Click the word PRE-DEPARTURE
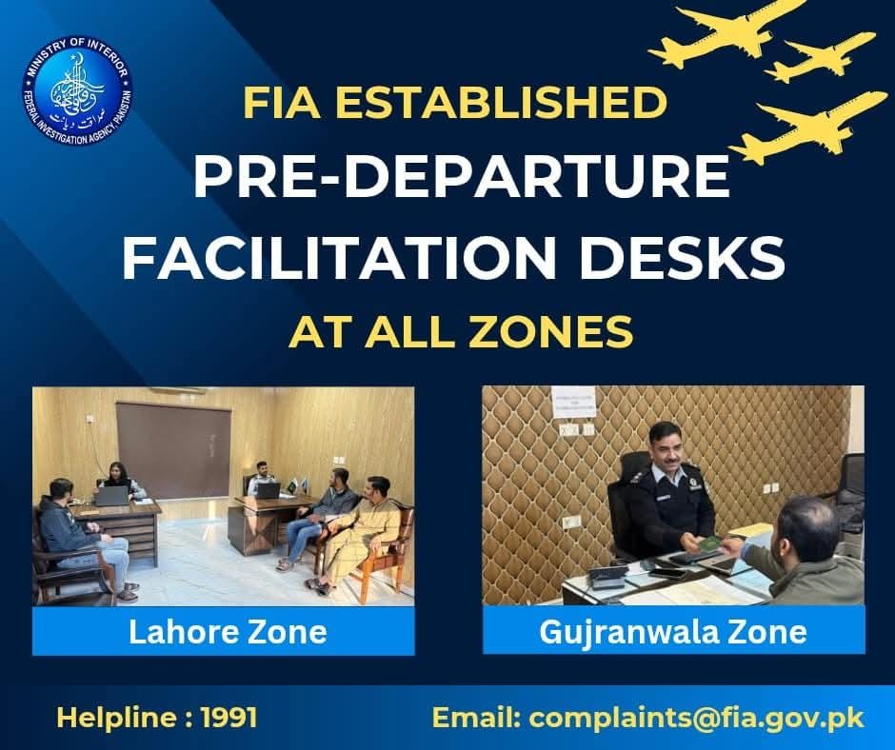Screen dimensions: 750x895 (x=461, y=178)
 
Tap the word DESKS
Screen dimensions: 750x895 (x=703, y=257)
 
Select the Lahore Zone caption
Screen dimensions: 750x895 (x=228, y=631)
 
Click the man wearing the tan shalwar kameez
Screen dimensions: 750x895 (x=368, y=527)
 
